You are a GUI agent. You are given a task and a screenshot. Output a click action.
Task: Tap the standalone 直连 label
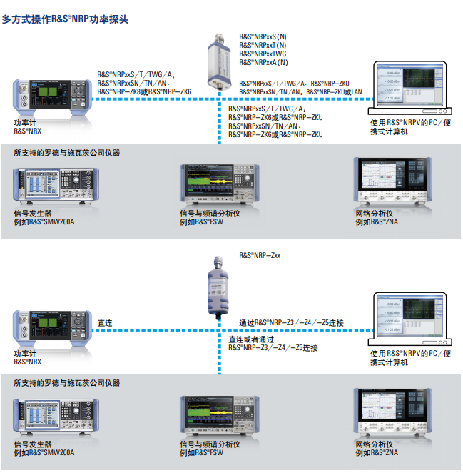(x=105, y=323)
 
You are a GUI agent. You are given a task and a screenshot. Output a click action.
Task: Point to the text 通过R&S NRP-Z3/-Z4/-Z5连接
(x=291, y=323)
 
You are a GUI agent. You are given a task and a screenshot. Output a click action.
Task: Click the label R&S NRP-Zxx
(x=260, y=254)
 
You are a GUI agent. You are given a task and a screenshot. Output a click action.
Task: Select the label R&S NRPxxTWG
(x=261, y=54)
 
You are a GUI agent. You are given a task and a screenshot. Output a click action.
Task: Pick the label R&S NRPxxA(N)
(x=263, y=63)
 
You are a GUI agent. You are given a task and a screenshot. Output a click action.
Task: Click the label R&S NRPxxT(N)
(x=263, y=44)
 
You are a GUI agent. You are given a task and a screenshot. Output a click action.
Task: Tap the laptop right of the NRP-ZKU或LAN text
(x=409, y=89)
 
